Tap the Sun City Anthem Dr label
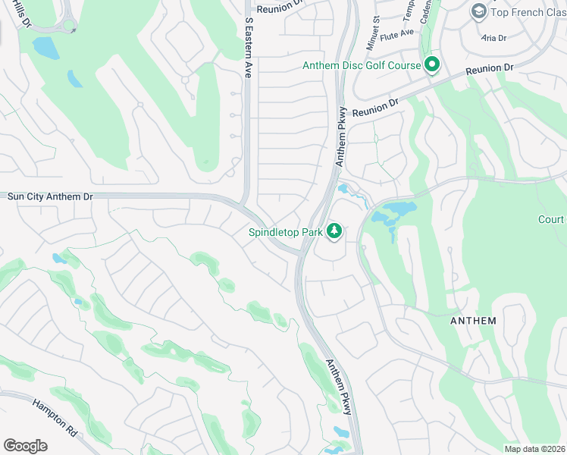click(50, 196)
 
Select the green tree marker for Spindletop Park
click(334, 232)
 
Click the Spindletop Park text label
click(285, 233)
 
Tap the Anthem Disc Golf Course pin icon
click(432, 65)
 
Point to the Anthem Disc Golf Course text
click(362, 66)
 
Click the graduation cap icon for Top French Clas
click(478, 11)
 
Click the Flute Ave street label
click(397, 33)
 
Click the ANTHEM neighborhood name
click(473, 321)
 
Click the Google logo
click(25, 446)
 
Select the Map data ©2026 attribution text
click(534, 449)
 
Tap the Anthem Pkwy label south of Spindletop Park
click(339, 387)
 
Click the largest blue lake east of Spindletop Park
click(399, 212)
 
